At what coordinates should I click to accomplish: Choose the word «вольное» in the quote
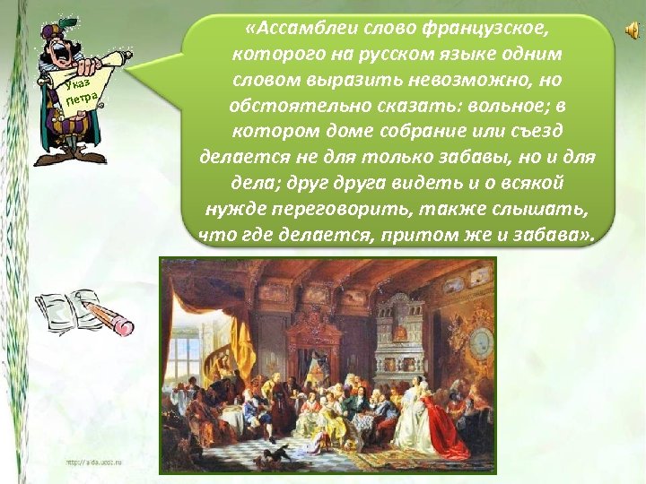497,107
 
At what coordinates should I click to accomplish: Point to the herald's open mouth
64,53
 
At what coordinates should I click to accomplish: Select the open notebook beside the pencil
67,310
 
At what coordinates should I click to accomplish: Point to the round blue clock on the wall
482,341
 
